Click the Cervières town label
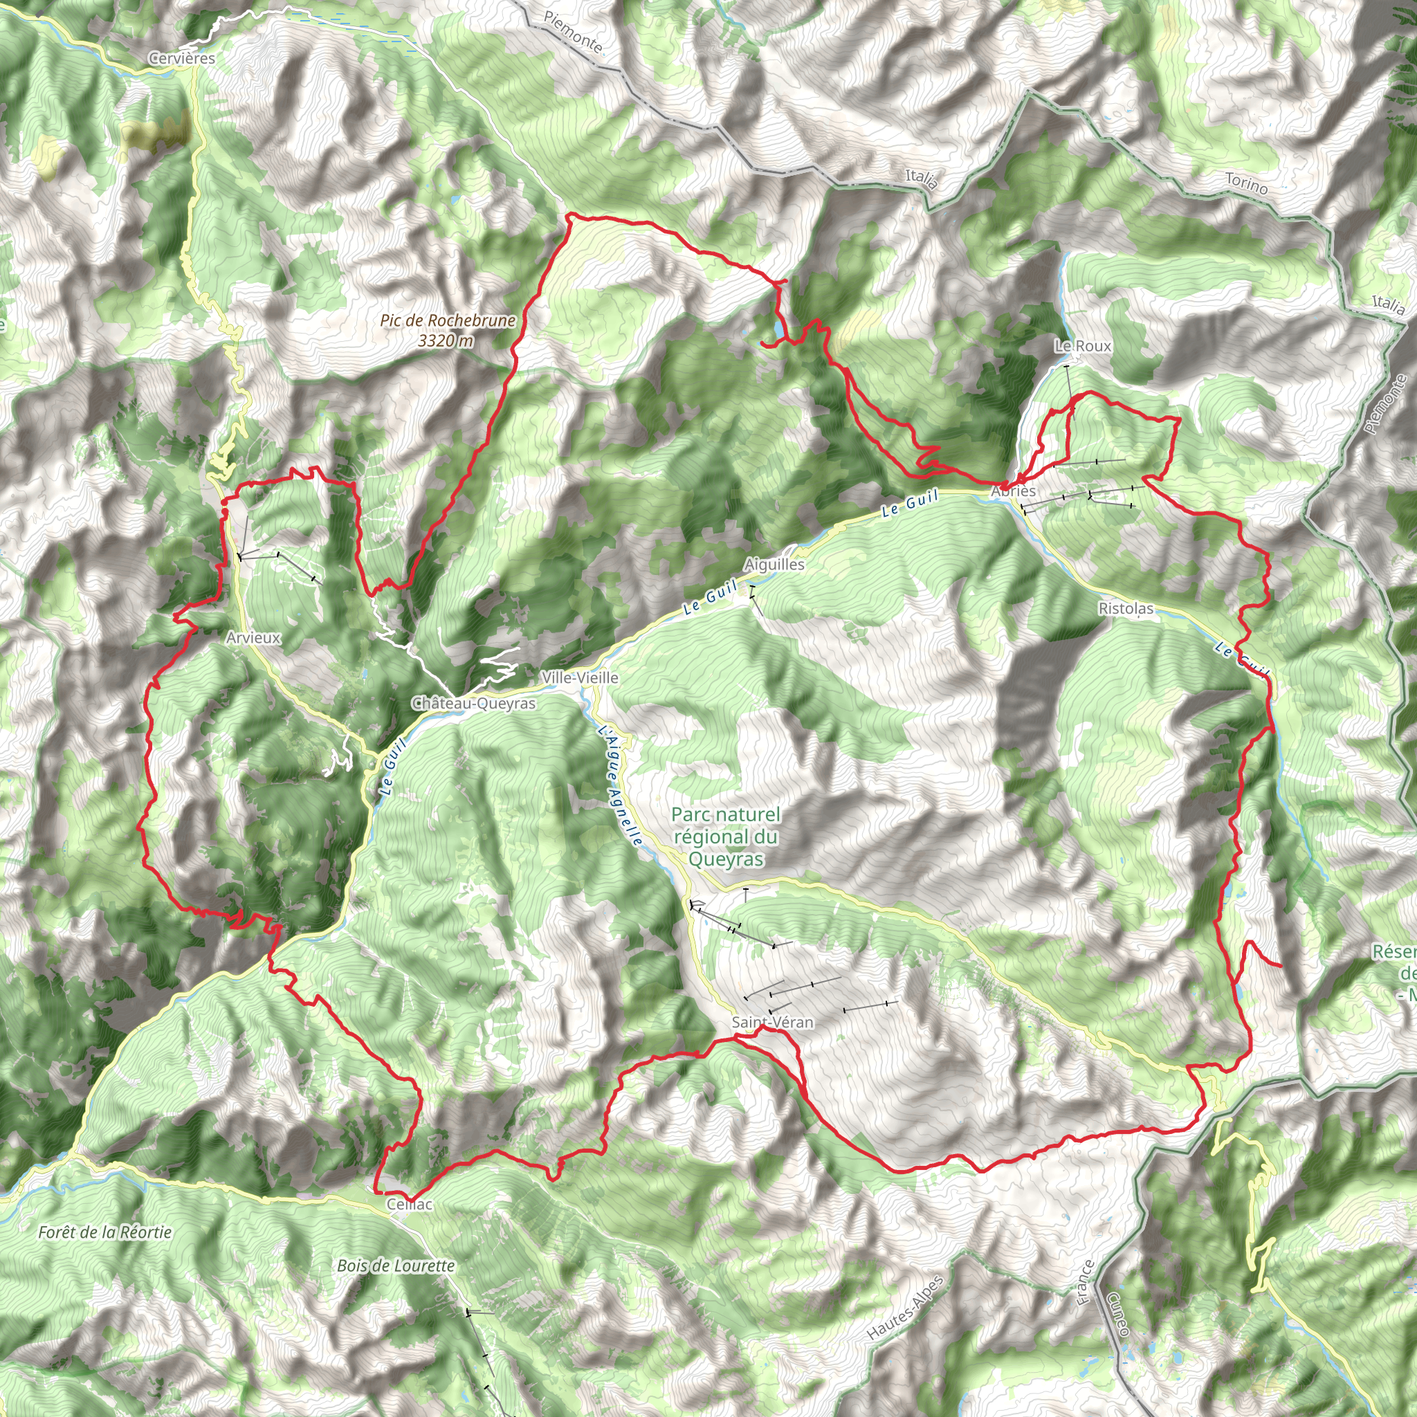coord(181,59)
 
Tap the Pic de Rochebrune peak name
coord(448,320)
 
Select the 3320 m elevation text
coord(446,340)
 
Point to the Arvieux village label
coord(253,637)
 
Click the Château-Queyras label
coord(474,704)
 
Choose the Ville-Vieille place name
coord(579,677)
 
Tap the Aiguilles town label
coord(774,565)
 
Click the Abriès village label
coord(1013,491)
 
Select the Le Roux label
coord(1083,345)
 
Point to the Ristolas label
coord(1125,609)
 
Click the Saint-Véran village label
coord(772,1023)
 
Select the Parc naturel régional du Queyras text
coord(726,837)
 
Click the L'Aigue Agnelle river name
coord(620,785)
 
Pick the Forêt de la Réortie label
coord(105,1232)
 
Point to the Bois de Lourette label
coord(396,1266)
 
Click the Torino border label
coord(1246,183)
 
